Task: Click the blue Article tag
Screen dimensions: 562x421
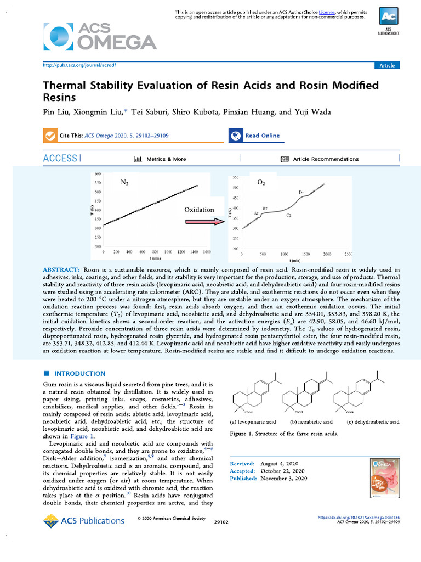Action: coord(387,65)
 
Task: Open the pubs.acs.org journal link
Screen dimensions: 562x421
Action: coord(79,65)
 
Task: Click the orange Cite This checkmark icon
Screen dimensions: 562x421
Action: coord(50,136)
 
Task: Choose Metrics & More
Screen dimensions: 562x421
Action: coord(160,159)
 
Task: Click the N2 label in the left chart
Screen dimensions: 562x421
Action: coord(124,182)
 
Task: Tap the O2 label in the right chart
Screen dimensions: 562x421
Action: coord(261,182)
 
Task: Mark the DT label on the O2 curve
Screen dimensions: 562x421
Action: coord(301,192)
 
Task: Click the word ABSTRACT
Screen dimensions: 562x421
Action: coord(61,270)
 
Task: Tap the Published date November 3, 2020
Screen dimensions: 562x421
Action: coord(288,478)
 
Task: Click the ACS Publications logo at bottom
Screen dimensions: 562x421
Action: coord(84,521)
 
